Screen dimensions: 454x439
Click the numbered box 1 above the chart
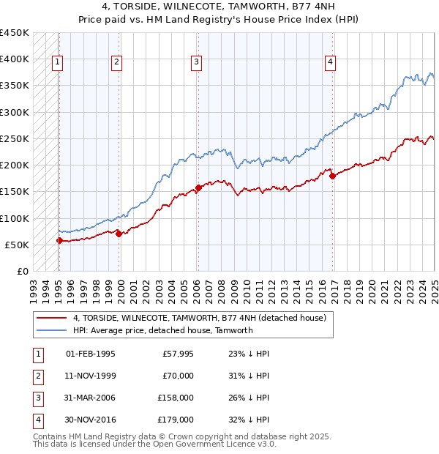click(x=57, y=63)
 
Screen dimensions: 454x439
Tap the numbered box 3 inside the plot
click(x=197, y=63)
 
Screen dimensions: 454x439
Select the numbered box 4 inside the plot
click(x=331, y=63)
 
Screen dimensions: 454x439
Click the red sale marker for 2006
click(x=198, y=187)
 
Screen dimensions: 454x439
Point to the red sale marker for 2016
click(x=332, y=176)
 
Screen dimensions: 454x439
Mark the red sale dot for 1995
click(x=59, y=240)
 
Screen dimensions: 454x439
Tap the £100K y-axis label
click(x=15, y=218)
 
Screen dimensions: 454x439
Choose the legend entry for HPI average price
click(x=162, y=330)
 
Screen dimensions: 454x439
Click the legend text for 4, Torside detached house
click(x=203, y=318)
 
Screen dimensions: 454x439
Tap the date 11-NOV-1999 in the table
click(x=90, y=376)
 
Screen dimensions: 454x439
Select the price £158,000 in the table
click(x=176, y=398)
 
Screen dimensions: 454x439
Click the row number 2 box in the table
click(x=36, y=376)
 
